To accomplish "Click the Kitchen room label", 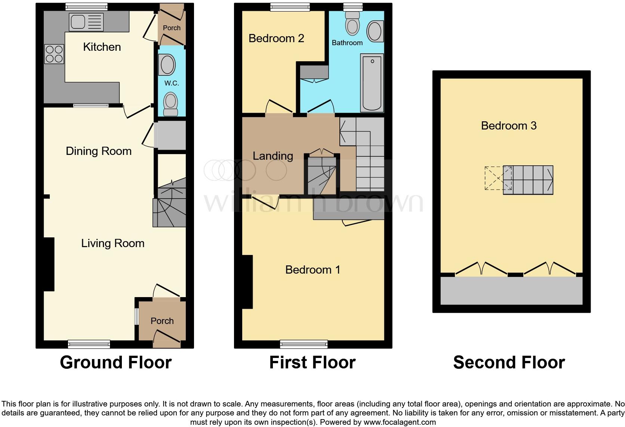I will [102, 47].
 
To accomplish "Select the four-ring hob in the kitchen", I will [54, 54].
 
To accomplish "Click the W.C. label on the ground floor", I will [172, 83].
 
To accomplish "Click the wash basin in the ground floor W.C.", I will [167, 65].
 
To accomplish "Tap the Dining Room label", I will [99, 151].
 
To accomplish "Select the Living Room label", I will [113, 243].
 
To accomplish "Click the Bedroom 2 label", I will [276, 38].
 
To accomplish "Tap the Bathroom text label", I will [347, 43].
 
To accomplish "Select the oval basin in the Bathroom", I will [375, 31].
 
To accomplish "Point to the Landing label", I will [273, 156].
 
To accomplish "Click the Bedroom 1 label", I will [312, 270].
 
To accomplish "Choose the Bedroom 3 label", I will [508, 126].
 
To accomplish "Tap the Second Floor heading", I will [509, 362].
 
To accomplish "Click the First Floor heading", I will [312, 362].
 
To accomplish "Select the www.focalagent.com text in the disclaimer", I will [400, 423].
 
